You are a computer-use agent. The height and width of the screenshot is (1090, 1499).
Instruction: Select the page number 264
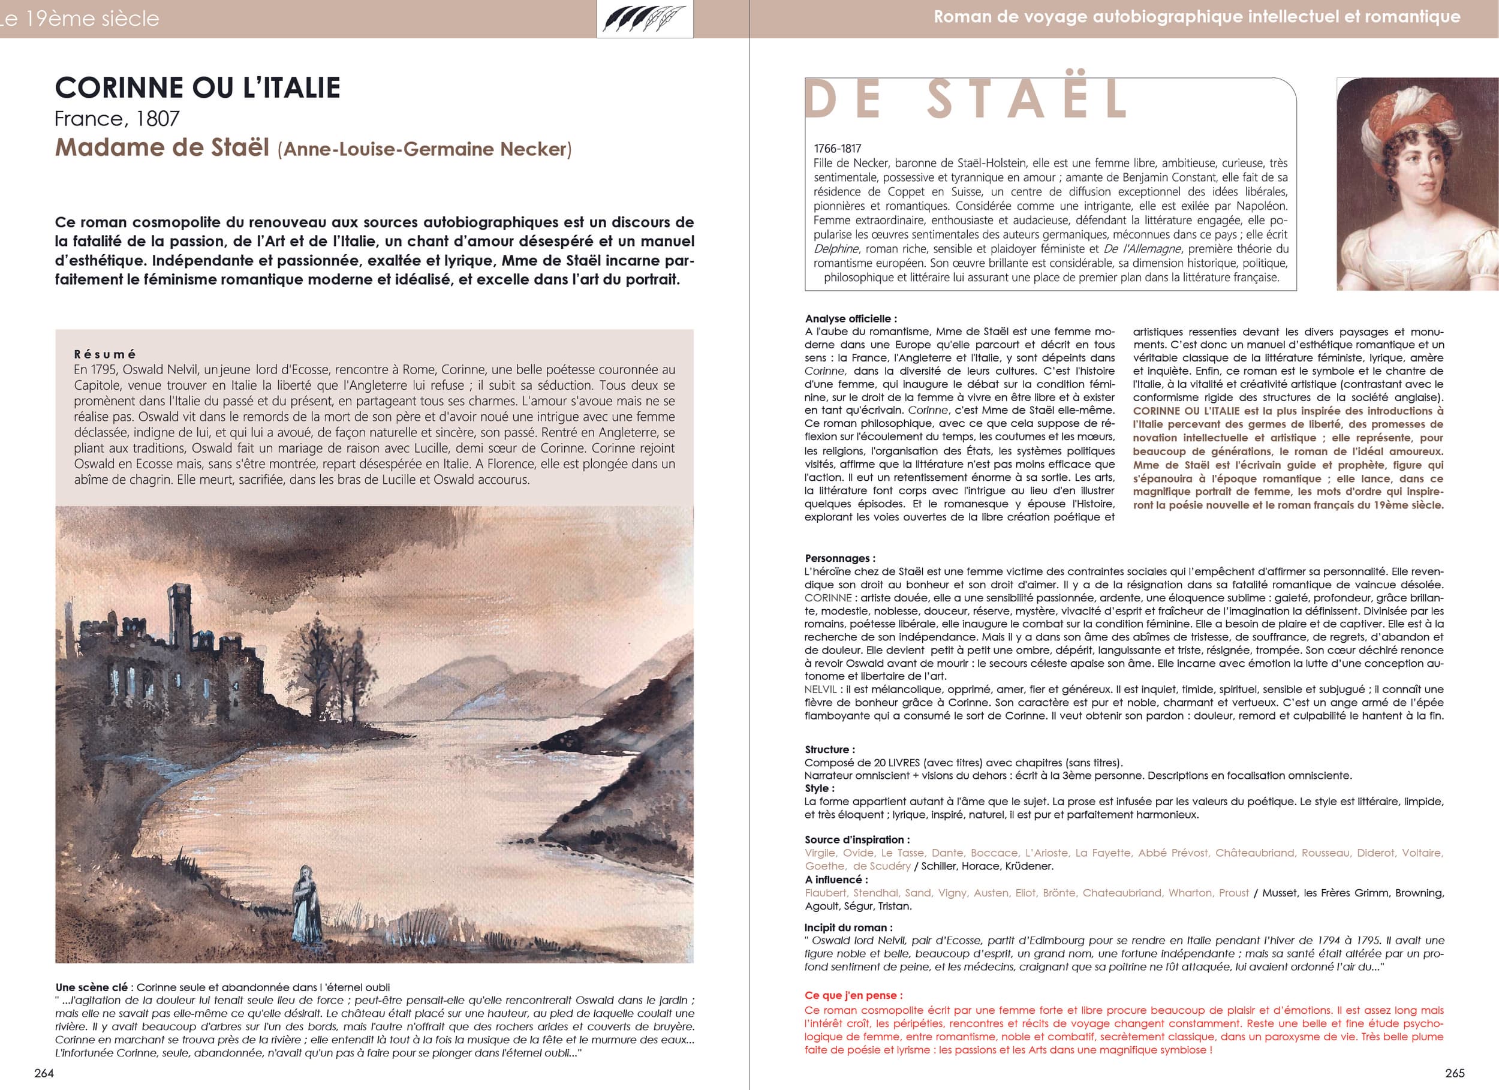[x=44, y=1073]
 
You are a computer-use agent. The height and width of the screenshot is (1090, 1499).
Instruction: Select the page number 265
[x=1455, y=1073]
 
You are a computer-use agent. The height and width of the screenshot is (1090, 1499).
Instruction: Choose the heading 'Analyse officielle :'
[x=851, y=318]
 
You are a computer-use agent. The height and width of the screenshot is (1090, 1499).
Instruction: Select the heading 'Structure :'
[x=829, y=749]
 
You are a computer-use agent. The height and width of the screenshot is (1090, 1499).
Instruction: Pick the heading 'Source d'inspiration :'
[x=857, y=840]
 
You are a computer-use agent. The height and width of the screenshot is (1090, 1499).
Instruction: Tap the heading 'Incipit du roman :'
[x=848, y=928]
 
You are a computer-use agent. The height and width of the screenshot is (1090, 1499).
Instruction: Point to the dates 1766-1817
[x=838, y=149]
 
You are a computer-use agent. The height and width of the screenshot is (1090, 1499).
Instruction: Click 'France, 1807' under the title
[x=117, y=118]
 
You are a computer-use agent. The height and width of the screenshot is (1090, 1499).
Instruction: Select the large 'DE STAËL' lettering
[x=967, y=99]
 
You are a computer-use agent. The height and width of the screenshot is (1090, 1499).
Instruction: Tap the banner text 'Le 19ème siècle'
[x=80, y=19]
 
